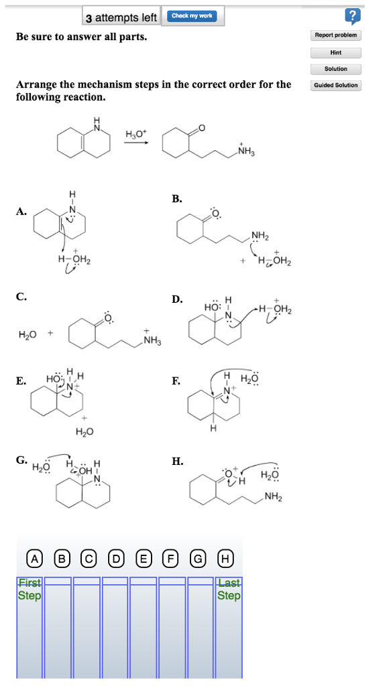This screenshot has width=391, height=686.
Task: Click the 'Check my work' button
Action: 192,16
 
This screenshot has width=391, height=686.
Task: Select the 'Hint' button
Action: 336,53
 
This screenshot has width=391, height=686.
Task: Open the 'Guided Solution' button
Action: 336,85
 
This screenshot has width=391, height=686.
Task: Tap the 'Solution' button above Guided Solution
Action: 336,69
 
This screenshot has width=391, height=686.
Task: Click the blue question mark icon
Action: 353,16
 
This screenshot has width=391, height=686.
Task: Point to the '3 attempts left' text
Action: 121,17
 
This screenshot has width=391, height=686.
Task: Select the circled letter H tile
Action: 225,558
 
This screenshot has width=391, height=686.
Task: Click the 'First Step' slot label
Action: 30,589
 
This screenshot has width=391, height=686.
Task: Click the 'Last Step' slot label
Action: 229,589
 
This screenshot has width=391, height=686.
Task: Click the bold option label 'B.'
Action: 177,199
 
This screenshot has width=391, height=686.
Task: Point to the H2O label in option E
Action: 85,432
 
